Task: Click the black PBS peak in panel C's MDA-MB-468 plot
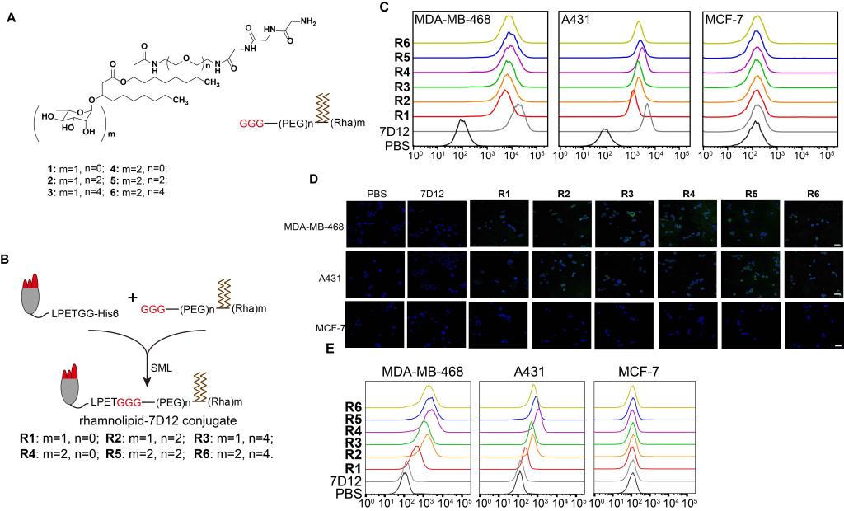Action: [x=462, y=125]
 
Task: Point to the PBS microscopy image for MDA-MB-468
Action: [x=375, y=223]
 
